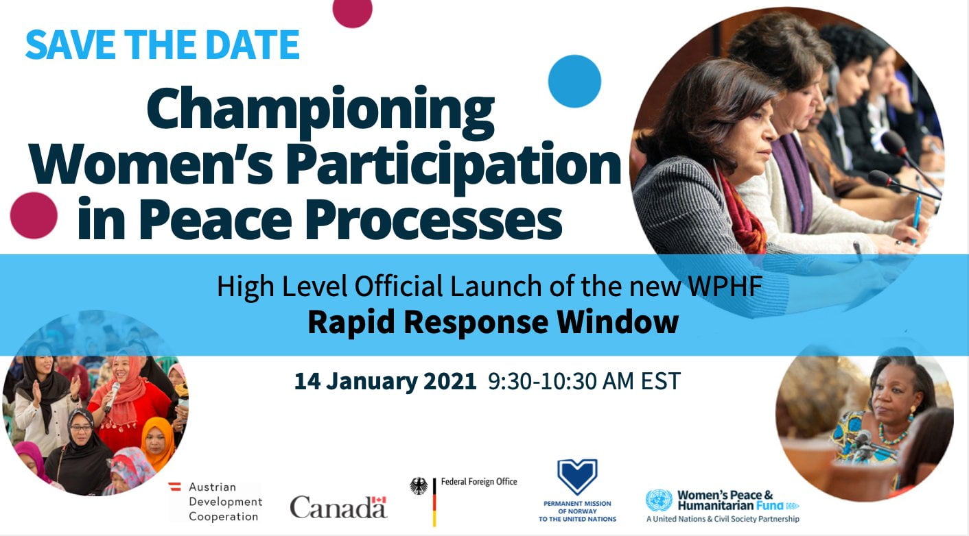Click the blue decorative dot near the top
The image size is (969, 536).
574,81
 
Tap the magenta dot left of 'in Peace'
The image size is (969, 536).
34,215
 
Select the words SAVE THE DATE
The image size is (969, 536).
163,45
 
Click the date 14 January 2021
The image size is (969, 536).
385,381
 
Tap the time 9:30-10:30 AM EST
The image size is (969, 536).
584,381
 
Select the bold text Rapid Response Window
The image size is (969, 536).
493,322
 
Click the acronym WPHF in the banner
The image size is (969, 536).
725,286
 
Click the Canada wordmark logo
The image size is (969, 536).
338,507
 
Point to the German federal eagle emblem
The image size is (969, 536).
419,486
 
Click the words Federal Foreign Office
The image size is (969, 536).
479,482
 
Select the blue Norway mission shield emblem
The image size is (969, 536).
577,476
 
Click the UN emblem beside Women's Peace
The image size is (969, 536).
659,500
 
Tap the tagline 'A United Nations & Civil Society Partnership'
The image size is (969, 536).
723,519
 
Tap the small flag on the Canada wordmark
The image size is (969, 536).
379,500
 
